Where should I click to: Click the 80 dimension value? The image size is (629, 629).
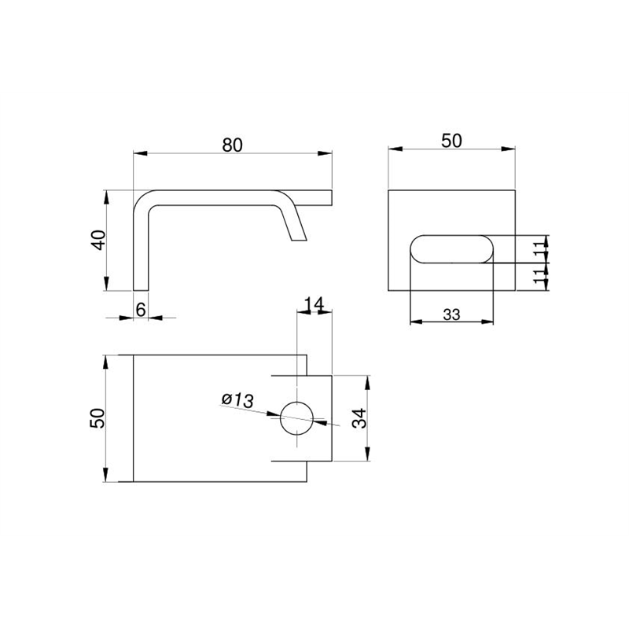(232, 145)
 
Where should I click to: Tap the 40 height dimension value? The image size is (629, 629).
(99, 240)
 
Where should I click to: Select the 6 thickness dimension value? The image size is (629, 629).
(141, 310)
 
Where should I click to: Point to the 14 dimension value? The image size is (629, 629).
(314, 305)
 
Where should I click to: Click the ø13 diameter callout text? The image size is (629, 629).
(237, 400)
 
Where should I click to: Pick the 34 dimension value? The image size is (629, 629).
(359, 418)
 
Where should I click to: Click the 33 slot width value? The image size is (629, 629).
(451, 315)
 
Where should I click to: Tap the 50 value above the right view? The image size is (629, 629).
(451, 141)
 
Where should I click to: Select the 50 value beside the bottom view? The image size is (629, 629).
(97, 418)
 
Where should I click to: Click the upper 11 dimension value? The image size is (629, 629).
(540, 245)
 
